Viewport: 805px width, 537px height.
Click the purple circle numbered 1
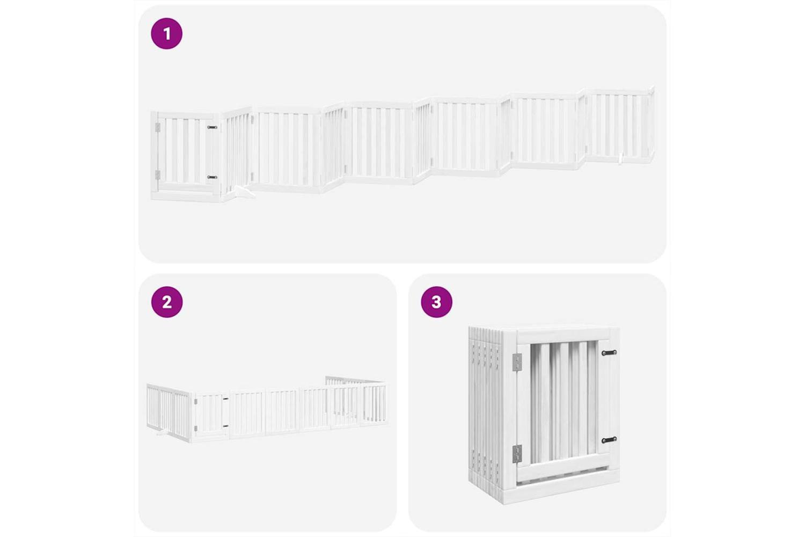pos(167,33)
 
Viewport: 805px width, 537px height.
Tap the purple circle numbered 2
pos(167,302)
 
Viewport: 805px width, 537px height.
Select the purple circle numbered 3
pos(436,302)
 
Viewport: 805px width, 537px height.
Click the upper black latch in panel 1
pos(212,127)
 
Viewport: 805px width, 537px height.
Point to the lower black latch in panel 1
pos(212,177)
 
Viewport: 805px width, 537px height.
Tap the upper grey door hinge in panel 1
pos(157,127)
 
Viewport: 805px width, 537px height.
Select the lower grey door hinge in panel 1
pos(157,175)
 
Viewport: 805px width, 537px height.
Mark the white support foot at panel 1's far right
pos(620,158)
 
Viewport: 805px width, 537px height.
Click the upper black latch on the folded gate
pos(609,352)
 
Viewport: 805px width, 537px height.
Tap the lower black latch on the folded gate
pos(609,439)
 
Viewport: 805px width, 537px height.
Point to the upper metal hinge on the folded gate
pos(517,362)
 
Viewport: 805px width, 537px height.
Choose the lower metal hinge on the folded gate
pos(517,454)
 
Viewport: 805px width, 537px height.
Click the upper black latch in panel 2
pos(225,399)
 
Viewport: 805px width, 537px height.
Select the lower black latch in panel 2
pos(225,426)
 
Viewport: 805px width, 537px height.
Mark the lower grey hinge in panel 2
pos(195,428)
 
